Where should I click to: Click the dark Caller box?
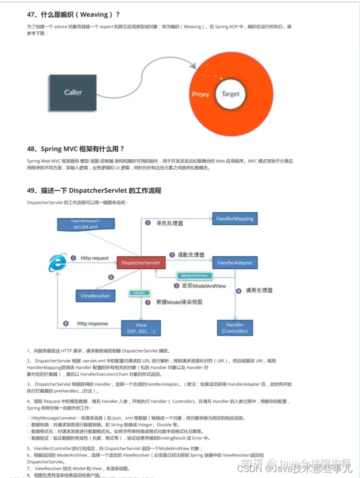coord(73,92)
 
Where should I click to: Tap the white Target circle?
coord(230,94)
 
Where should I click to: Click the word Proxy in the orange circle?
coord(200,94)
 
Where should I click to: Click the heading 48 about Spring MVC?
coord(75,149)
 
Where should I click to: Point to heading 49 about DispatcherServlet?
coord(94,190)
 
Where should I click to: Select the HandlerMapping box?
coord(234,219)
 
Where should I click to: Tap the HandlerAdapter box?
coord(235,263)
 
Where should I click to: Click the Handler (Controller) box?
coord(235,328)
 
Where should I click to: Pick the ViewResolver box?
coord(95,296)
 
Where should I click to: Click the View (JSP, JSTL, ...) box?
coord(141,328)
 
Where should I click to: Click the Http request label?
coord(94,258)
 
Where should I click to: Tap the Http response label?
coord(92,324)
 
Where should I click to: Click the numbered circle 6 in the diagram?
coord(111,277)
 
